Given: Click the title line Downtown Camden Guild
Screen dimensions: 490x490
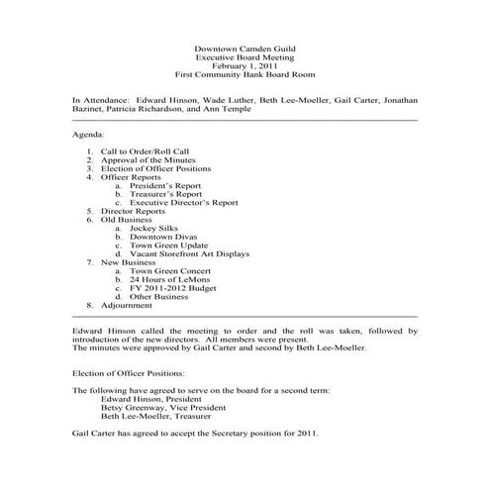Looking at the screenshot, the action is tap(245, 48).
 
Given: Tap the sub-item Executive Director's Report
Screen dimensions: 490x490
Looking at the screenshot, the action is tap(184, 203).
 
